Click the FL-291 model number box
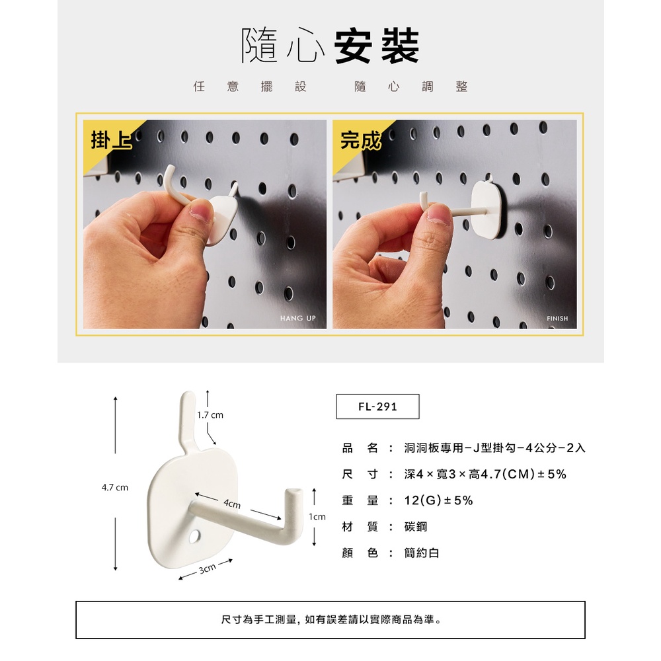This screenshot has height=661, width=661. [x=377, y=407]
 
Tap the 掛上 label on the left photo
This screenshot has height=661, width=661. [x=111, y=140]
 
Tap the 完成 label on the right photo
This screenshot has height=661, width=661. [x=360, y=140]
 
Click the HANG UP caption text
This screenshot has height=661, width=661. [x=297, y=319]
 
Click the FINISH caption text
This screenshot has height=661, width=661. [x=557, y=319]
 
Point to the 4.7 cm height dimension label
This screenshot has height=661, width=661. [x=114, y=487]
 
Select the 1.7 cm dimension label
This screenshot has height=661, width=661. [x=210, y=415]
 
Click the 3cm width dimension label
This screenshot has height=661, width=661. [x=207, y=568]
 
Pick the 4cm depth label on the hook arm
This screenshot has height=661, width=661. [x=232, y=503]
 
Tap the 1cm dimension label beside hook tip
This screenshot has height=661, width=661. [x=317, y=516]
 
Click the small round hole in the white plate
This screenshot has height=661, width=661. [x=195, y=536]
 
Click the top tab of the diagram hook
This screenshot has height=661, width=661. [x=187, y=417]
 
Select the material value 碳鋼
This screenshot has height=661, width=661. [x=416, y=527]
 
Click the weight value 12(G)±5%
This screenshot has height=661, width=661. [x=438, y=500]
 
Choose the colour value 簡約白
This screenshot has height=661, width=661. [x=422, y=553]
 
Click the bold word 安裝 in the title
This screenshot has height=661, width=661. [x=377, y=46]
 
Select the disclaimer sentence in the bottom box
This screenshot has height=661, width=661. [x=331, y=619]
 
